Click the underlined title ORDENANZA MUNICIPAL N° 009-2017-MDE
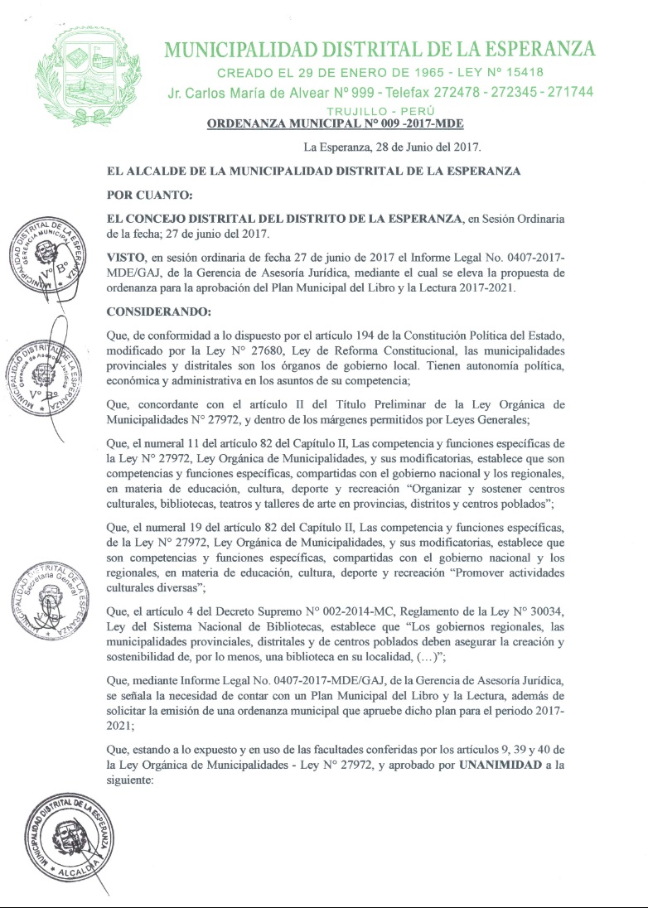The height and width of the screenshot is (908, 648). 335,124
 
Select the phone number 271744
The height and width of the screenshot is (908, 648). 567,92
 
